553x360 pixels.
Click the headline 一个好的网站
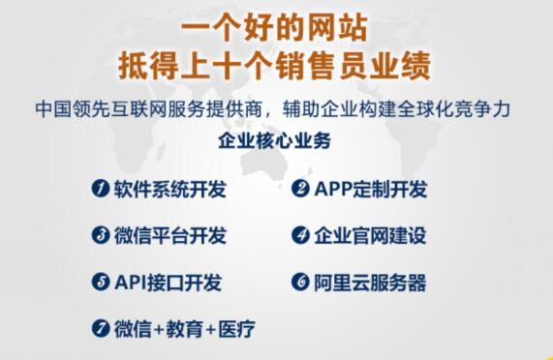pyautogui.click(x=275, y=26)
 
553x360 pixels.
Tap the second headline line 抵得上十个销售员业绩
pyautogui.click(x=275, y=67)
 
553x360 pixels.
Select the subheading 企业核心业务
pyautogui.click(x=275, y=141)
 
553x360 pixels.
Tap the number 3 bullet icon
pyautogui.click(x=100, y=236)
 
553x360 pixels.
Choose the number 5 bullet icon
pyautogui.click(x=100, y=283)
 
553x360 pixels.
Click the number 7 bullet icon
pyautogui.click(x=100, y=329)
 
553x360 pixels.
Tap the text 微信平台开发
pyautogui.click(x=169, y=236)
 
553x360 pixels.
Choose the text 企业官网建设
pyautogui.click(x=371, y=236)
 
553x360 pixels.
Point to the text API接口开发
pyautogui.click(x=168, y=283)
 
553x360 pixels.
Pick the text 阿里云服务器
pyautogui.click(x=371, y=283)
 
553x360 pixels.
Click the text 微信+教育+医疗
pyautogui.click(x=184, y=329)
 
